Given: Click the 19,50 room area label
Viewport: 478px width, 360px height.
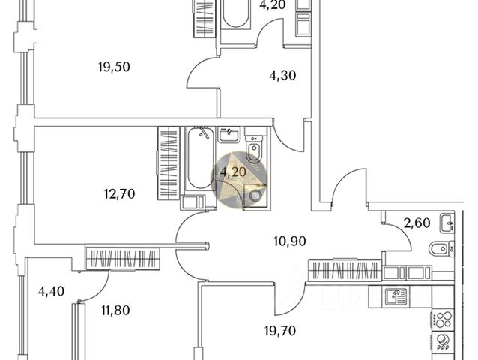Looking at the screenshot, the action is click(x=114, y=67).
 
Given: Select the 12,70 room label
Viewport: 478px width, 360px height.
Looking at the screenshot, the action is click(x=119, y=194).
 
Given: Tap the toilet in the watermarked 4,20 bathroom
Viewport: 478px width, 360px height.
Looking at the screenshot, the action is click(x=253, y=148).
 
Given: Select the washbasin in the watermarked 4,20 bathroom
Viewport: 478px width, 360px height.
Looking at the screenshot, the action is click(x=228, y=135).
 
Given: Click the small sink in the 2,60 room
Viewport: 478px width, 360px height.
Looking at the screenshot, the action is click(x=447, y=221).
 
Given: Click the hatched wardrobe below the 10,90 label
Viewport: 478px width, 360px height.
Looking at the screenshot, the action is click(x=344, y=269).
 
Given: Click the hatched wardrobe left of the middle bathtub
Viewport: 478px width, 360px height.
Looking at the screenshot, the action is click(x=169, y=163).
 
